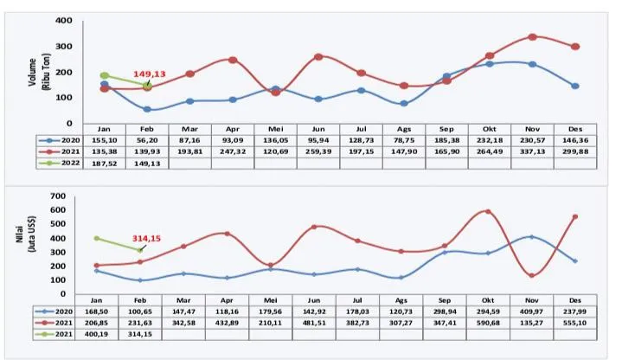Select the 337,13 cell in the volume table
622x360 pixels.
pyautogui.click(x=532, y=151)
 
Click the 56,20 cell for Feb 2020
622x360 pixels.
pyautogui.click(x=148, y=138)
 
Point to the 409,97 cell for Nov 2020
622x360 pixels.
pyautogui.click(x=532, y=309)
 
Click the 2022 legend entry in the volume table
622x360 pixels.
pyautogui.click(x=61, y=163)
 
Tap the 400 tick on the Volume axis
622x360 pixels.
pyautogui.click(x=63, y=20)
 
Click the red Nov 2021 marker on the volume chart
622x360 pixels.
pyautogui.click(x=532, y=36)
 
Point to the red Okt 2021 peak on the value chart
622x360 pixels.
pyautogui.click(x=488, y=211)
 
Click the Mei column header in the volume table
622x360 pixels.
pyautogui.click(x=276, y=126)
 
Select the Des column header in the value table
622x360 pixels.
pyautogui.click(x=575, y=297)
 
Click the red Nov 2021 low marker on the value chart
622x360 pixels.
pyautogui.click(x=532, y=275)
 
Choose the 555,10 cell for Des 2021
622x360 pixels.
pyautogui.click(x=575, y=321)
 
